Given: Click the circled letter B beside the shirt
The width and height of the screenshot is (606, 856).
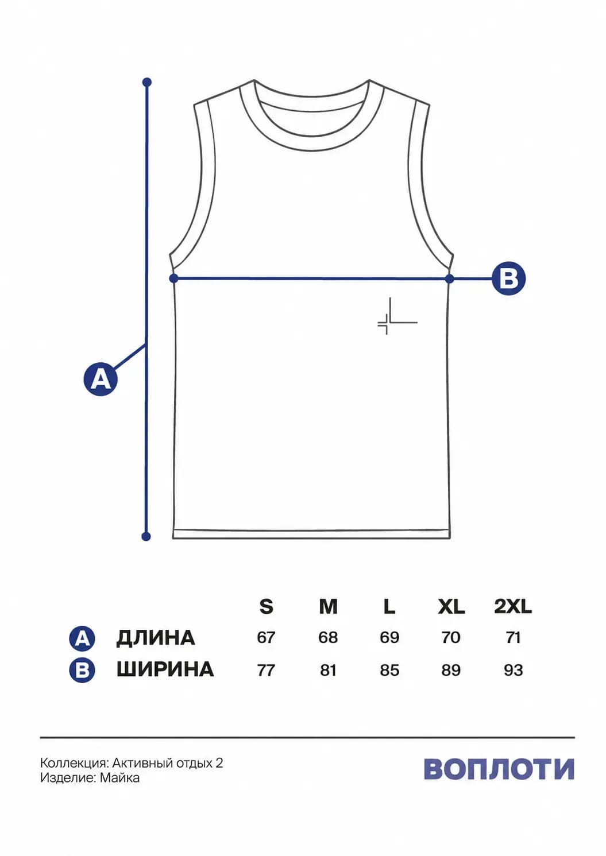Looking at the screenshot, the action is click(x=508, y=278).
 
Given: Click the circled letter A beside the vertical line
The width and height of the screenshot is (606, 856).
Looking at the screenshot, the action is click(x=101, y=379).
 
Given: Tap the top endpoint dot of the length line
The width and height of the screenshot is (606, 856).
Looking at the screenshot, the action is click(x=147, y=82).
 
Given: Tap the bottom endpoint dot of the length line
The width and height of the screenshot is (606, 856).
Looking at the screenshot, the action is click(x=146, y=537).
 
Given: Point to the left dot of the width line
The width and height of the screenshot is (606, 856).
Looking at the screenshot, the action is click(x=174, y=278).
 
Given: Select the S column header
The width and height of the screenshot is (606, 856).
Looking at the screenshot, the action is click(x=267, y=606).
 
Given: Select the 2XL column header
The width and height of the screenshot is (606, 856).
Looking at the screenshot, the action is click(x=513, y=606).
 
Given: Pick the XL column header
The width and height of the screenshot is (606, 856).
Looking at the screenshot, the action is click(x=451, y=606).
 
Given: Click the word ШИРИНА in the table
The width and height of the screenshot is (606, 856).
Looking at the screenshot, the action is click(x=165, y=669).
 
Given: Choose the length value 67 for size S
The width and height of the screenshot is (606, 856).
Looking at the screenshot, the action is click(x=266, y=637).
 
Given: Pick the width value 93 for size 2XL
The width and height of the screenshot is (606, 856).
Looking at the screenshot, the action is click(x=513, y=670).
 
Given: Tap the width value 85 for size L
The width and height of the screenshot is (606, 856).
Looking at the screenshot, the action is click(x=389, y=670).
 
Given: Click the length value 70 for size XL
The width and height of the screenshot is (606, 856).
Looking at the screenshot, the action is click(x=451, y=637).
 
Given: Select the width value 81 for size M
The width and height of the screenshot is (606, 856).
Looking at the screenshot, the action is click(x=328, y=670).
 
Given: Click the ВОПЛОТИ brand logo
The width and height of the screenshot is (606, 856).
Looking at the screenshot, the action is click(x=499, y=769).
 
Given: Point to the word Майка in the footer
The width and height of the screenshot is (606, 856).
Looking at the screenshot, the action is click(x=119, y=778).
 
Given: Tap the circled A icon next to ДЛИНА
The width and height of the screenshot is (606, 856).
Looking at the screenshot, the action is click(x=82, y=638).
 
